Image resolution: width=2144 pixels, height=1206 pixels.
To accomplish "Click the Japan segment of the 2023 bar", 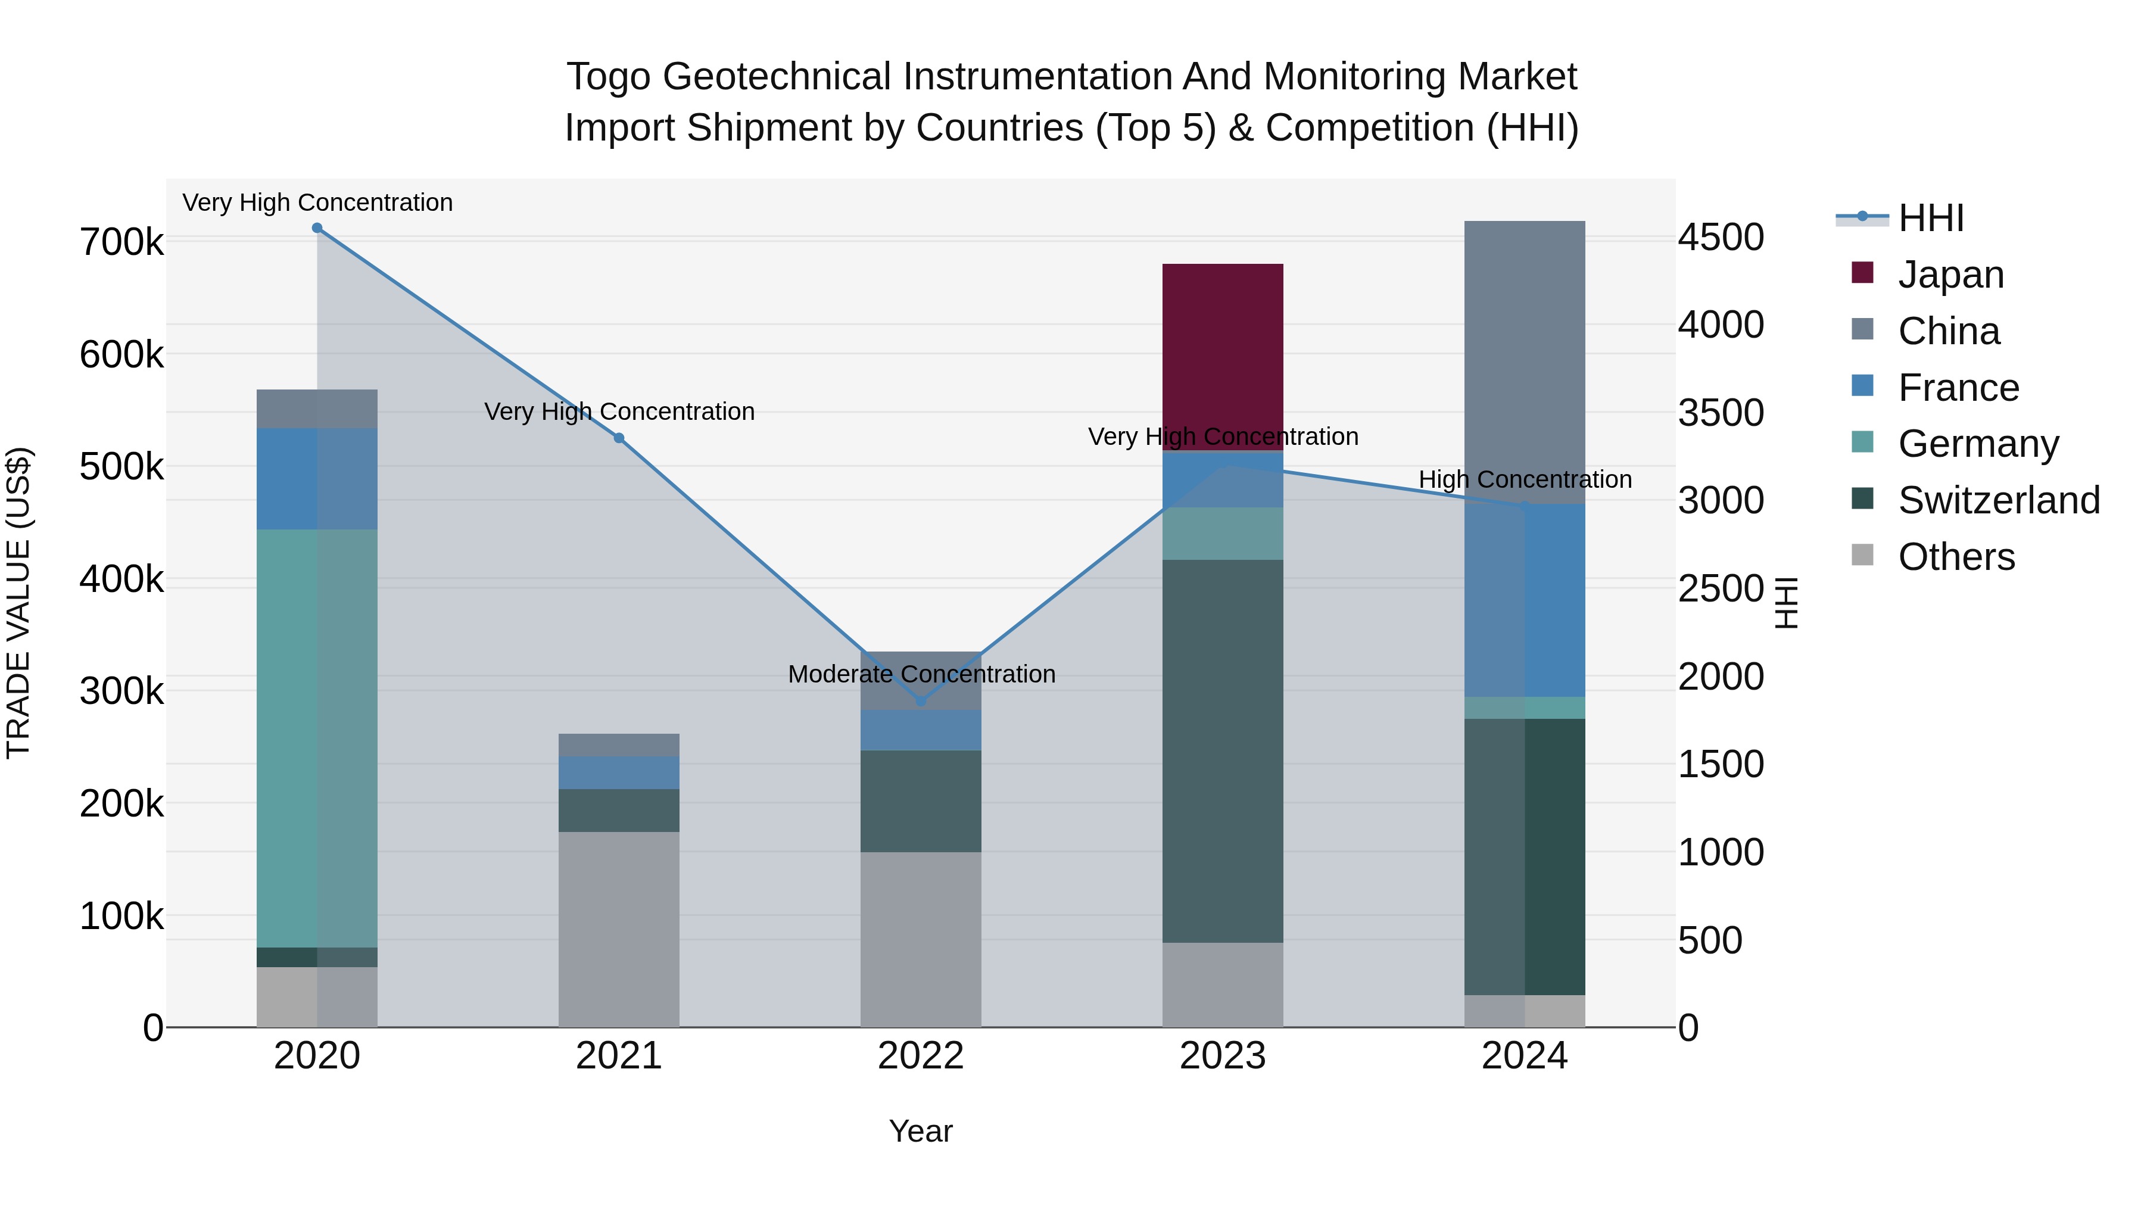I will click(1222, 356).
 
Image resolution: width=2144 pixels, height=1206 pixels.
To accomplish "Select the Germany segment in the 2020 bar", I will click(316, 737).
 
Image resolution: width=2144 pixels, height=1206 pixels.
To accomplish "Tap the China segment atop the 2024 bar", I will click(1524, 362).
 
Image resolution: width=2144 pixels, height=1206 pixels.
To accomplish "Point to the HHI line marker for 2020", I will click(316, 228).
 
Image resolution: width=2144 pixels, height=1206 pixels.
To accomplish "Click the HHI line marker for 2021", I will click(618, 438).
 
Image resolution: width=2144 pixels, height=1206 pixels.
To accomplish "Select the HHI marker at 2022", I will click(921, 701).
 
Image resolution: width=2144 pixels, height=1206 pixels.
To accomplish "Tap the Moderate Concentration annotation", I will click(921, 674).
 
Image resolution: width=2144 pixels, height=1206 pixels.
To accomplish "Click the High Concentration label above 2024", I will click(1524, 479).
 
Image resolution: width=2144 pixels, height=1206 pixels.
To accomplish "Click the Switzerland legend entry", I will click(1997, 500).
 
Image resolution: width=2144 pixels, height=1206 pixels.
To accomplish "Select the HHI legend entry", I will click(1930, 218).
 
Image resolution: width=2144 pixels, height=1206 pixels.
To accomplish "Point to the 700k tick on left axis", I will click(121, 243).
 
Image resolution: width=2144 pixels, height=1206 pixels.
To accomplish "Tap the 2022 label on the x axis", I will click(921, 1056).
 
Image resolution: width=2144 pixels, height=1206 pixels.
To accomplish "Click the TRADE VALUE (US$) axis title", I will click(18, 603).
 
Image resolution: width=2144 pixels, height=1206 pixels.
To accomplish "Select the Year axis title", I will click(921, 1131).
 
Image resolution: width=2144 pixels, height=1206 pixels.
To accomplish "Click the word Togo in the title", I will click(607, 77).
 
